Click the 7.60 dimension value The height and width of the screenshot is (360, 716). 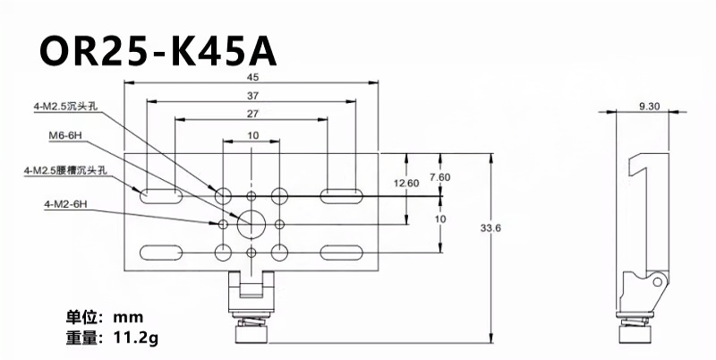click(439, 176)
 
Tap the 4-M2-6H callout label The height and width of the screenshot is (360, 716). click(64, 205)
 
